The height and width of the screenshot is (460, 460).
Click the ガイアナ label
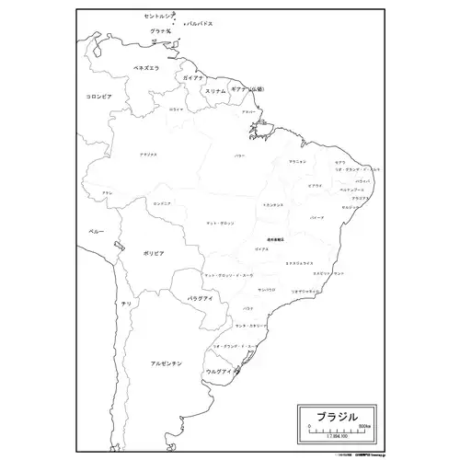pos(194,79)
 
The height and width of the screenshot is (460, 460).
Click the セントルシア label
pos(162,17)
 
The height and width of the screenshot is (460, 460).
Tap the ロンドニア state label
pos(163,203)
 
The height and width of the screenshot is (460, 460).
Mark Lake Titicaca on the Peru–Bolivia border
pos(119,246)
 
